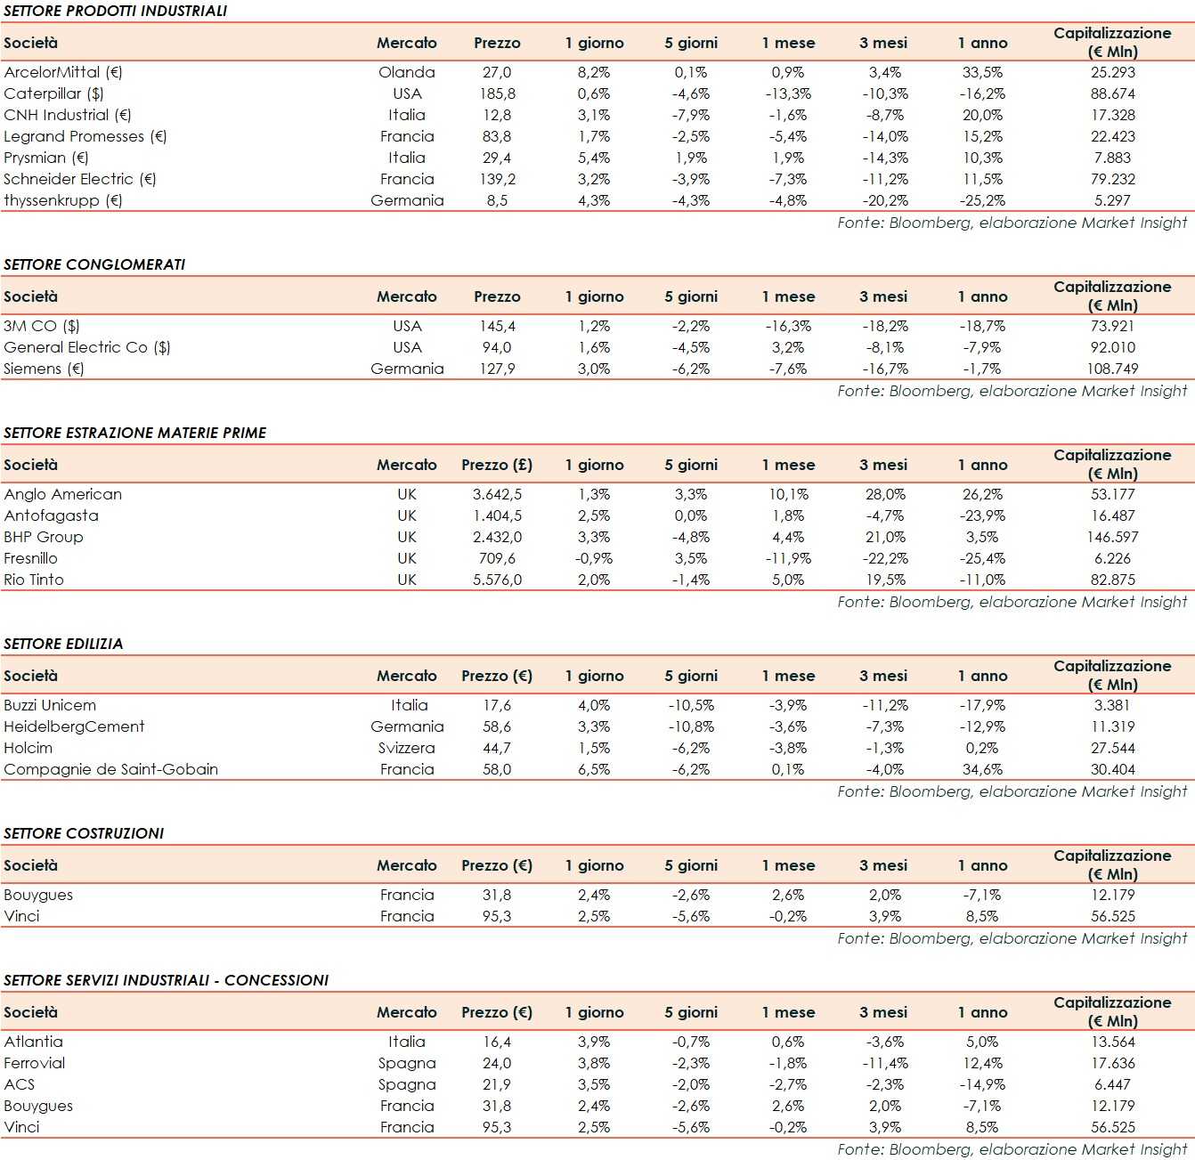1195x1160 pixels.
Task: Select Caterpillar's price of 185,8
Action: (x=497, y=93)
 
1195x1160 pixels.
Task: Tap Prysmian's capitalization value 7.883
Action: (x=1112, y=158)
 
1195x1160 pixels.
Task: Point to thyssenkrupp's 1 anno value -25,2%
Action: (x=982, y=200)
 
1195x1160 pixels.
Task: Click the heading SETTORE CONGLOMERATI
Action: (x=94, y=264)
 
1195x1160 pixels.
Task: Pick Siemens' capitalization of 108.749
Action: (x=1112, y=369)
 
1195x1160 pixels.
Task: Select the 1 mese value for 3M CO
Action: (x=788, y=326)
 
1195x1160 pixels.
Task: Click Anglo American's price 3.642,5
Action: (x=497, y=494)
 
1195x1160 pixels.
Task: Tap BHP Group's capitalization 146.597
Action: (x=1112, y=537)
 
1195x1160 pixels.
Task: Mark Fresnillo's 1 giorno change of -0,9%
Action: (x=594, y=558)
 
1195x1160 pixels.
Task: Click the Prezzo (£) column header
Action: (x=497, y=465)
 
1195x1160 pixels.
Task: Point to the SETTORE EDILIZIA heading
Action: (x=63, y=644)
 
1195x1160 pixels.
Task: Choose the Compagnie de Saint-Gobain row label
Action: (x=111, y=769)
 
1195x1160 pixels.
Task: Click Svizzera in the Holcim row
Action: (x=407, y=748)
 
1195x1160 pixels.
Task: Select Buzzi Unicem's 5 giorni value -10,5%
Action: (x=691, y=705)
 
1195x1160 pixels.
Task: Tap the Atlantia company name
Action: (x=34, y=1042)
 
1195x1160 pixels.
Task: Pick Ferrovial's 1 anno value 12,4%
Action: (x=982, y=1063)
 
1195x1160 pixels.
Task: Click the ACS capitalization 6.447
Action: (x=1112, y=1084)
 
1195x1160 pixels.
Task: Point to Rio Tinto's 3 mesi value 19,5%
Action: (x=885, y=580)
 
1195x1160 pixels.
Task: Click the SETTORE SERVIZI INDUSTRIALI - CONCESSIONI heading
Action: (x=167, y=980)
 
